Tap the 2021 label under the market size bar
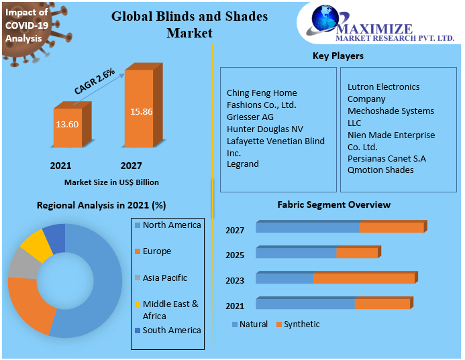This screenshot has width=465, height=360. (x=60, y=166)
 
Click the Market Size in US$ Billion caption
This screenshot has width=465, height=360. (x=111, y=182)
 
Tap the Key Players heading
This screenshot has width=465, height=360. (x=338, y=56)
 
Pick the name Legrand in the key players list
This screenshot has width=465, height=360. (x=243, y=164)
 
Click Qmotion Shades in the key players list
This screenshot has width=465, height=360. (x=380, y=170)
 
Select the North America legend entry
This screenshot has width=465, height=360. (x=172, y=225)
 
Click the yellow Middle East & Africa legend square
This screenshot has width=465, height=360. (x=138, y=304)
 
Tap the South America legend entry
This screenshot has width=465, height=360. (x=172, y=331)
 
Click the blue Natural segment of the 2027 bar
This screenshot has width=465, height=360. (x=307, y=228)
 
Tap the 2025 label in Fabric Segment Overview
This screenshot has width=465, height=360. (x=235, y=255)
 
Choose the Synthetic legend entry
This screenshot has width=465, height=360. (x=301, y=324)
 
